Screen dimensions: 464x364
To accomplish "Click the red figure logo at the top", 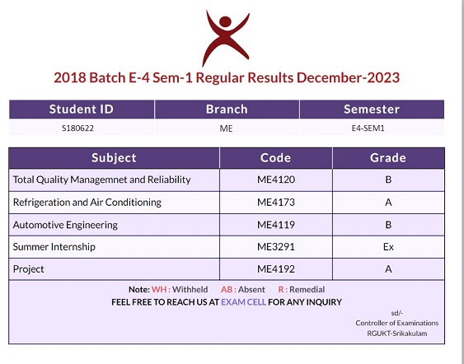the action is pos(226,38).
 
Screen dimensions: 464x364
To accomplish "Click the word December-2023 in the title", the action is pos(348,77).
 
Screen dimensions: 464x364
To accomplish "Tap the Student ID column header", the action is pos(82,109).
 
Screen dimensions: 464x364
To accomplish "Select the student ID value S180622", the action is pos(77,128).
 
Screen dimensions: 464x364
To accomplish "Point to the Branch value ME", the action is pos(226,128).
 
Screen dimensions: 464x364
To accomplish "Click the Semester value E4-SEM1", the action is pos(368,128).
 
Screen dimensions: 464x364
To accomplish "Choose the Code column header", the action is pos(275,158).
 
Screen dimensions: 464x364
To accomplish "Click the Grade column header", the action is pos(388,158).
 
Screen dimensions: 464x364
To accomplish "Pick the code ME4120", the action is pos(276,180).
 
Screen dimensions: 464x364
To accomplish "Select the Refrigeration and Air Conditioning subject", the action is pos(87,203).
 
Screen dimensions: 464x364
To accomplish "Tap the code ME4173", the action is pos(276,203).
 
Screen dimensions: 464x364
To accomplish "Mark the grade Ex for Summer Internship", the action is pos(388,247).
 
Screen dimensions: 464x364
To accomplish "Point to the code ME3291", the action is pos(276,247).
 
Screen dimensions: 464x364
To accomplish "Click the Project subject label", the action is pos(28,269).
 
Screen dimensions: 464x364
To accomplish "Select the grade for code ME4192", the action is pos(388,269).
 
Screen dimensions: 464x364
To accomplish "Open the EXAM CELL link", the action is pos(244,302).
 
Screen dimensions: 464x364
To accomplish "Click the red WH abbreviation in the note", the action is pos(159,289).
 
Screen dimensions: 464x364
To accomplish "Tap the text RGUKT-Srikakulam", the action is pos(396,334).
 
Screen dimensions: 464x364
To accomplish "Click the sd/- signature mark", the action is pos(396,313).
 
